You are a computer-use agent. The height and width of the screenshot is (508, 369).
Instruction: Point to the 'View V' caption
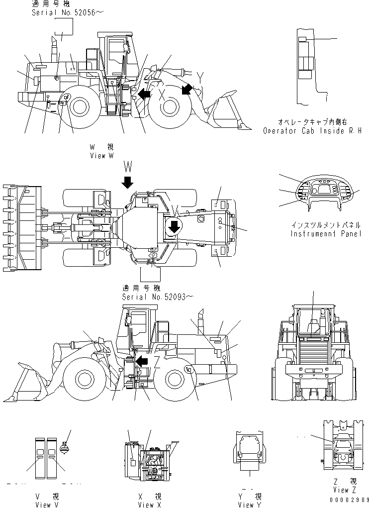click(47, 505)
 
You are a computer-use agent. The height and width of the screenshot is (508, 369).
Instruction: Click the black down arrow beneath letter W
click(127, 182)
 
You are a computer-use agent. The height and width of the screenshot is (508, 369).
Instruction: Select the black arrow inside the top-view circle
click(174, 227)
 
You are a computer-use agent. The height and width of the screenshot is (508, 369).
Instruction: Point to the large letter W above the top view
click(128, 166)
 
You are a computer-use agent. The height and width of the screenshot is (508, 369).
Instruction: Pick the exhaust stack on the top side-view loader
click(54, 50)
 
